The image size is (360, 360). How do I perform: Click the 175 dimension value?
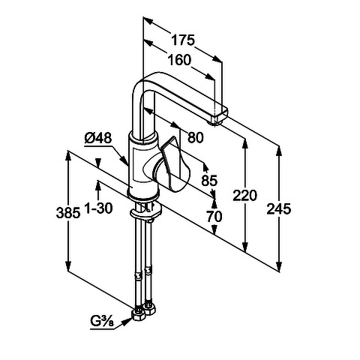(x=183, y=40)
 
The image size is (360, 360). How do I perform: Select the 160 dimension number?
(x=179, y=60)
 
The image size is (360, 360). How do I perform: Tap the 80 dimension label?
(x=196, y=137)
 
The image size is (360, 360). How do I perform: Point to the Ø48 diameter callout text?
(x=98, y=138)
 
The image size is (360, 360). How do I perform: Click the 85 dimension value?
(x=209, y=180)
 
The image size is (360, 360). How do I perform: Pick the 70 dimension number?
(x=214, y=216)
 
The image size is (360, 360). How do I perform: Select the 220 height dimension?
(x=244, y=196)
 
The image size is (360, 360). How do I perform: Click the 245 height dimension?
(x=279, y=208)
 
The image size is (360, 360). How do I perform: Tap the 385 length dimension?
(x=68, y=213)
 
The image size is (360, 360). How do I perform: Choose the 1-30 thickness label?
(x=98, y=208)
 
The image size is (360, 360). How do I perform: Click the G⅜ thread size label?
(x=102, y=322)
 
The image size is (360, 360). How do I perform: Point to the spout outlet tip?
(x=216, y=121)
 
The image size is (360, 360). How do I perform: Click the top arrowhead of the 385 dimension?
(x=68, y=156)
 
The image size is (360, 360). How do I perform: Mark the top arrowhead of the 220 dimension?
(x=245, y=142)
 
